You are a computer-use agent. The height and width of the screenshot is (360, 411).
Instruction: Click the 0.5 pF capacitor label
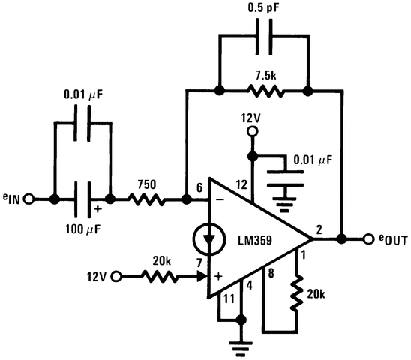(x=262, y=10)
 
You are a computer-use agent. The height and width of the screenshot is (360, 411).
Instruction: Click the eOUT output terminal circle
(x=367, y=239)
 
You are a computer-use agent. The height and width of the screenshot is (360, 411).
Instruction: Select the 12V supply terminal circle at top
(x=252, y=132)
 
